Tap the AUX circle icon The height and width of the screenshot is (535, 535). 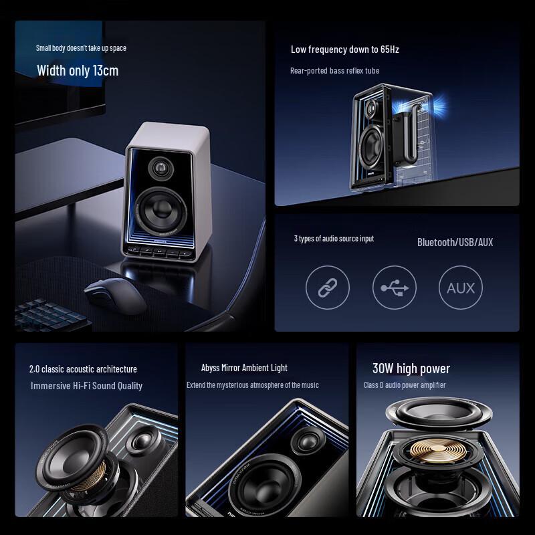461,288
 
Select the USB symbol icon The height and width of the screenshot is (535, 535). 394,288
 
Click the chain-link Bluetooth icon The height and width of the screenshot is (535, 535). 328,288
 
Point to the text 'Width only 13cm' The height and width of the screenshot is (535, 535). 78,70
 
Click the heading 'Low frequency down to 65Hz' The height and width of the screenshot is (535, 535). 344,49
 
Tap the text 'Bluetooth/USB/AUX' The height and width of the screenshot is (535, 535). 455,242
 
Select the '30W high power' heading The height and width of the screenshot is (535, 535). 411,368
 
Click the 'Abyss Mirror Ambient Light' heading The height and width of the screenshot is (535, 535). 244,368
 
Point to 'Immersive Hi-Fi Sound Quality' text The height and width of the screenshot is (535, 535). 86,386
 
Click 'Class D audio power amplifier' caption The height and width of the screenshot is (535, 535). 404,385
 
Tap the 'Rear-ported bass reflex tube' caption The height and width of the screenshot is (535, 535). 334,70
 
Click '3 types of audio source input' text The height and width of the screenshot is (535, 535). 334,239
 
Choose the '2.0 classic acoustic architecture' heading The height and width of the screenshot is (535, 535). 83,369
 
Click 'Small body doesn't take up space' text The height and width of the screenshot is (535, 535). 81,48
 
